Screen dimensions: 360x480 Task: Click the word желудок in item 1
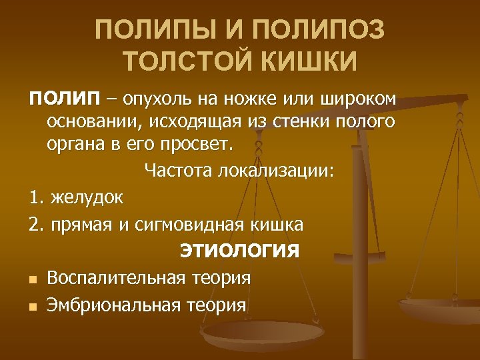tap(86, 198)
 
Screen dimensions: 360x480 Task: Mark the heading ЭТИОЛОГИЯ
tap(239, 251)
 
